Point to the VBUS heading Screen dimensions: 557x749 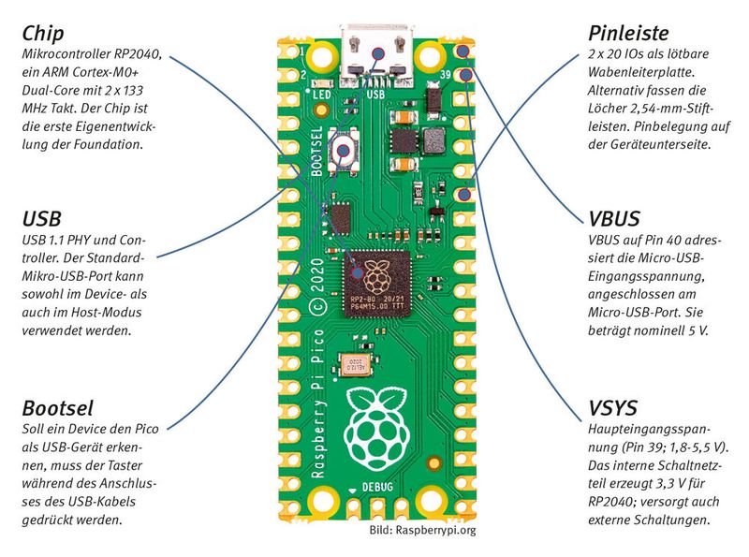[614, 219]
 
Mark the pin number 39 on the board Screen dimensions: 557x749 [446, 74]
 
